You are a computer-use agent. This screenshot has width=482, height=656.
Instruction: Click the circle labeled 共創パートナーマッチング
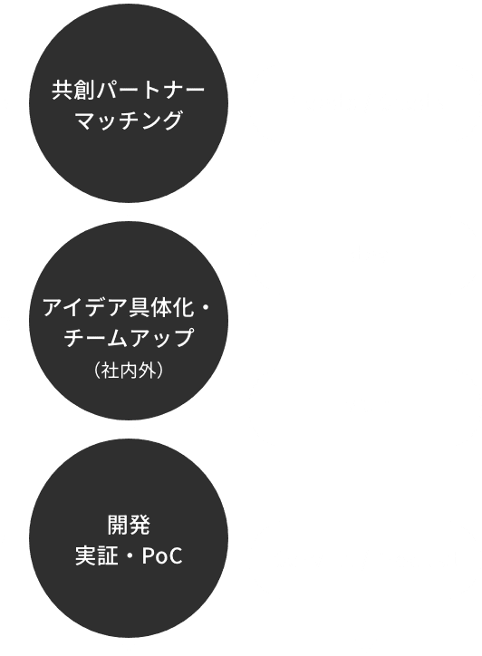click(129, 105)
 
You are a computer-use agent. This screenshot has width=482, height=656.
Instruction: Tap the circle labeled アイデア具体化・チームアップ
click(129, 323)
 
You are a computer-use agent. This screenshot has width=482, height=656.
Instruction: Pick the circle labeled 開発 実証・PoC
click(129, 540)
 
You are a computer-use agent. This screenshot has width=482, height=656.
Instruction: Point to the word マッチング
click(128, 121)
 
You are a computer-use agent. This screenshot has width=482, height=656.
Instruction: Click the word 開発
click(128, 524)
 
